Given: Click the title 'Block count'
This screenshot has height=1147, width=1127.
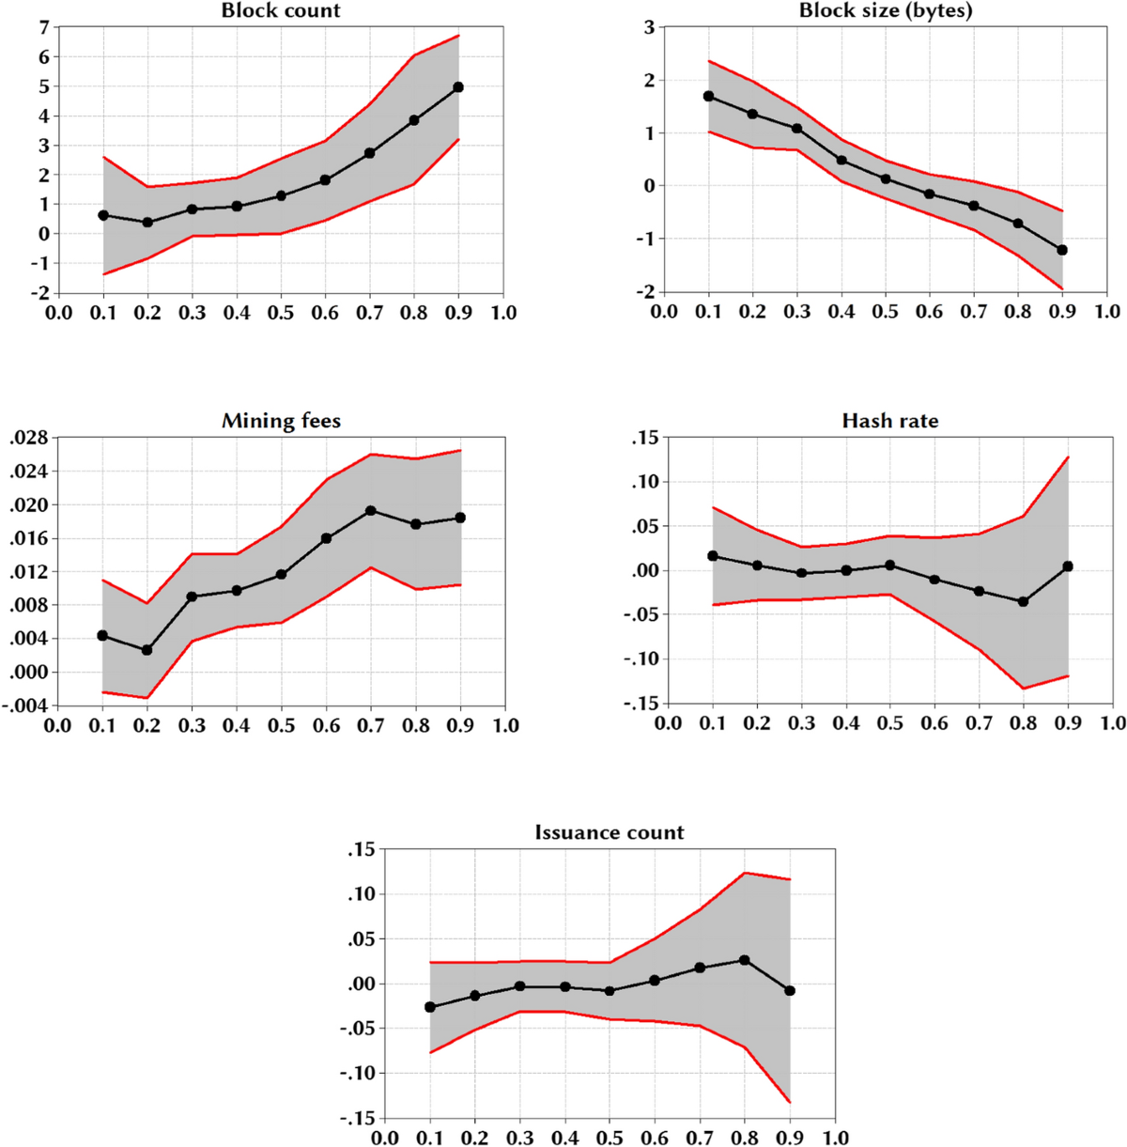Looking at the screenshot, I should [281, 11].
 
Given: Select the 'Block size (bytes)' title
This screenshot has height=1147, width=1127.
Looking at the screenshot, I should [886, 11].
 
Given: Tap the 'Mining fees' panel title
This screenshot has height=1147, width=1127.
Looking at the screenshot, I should [281, 421].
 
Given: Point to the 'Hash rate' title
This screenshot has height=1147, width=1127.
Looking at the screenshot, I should [889, 421].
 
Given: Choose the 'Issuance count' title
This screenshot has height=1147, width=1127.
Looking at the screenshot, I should [610, 832].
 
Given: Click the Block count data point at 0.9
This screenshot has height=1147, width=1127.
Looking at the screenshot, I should [458, 87].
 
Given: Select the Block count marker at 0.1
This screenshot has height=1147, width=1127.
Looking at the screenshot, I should [103, 215].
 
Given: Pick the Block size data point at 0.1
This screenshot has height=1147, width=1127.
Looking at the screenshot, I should [708, 96].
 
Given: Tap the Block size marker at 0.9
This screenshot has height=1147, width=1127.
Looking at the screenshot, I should [1062, 250].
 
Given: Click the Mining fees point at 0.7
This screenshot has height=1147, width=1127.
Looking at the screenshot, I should [371, 511].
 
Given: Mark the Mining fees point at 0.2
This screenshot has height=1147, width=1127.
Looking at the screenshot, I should [147, 650].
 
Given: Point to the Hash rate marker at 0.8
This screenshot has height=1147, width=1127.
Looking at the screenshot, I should [1024, 601].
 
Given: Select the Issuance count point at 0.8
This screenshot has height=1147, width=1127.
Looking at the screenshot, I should [745, 960].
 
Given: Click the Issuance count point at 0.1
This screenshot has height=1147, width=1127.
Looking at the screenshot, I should [430, 1007].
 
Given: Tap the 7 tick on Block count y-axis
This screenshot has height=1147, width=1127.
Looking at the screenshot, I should [42, 27].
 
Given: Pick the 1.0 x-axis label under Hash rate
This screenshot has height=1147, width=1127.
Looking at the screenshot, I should [1112, 723].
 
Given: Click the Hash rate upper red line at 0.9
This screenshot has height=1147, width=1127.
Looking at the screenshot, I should [1068, 457].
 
